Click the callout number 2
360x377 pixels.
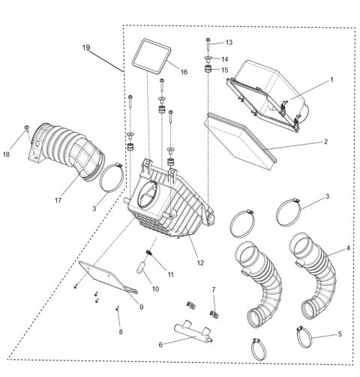point(325,141)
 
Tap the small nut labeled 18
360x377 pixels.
point(26,129)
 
